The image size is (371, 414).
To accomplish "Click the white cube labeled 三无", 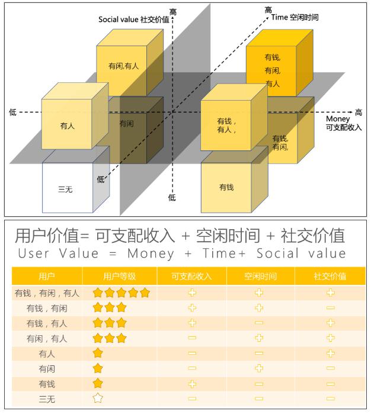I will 67,188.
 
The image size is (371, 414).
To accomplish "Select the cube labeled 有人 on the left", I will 68,126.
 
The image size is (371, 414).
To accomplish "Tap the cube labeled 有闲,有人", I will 123,66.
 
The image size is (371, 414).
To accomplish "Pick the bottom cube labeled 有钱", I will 226,187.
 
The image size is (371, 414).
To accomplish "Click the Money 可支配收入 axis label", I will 343,123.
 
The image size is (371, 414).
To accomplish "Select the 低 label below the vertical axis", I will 172,197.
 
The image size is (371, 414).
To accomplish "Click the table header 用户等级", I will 120,276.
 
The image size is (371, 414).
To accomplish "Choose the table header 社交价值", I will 330,276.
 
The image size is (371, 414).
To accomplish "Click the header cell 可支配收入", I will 191,276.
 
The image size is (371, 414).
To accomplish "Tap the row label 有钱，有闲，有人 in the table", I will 47,293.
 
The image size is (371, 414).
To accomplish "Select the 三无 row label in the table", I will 47,398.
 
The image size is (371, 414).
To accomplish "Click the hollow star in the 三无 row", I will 98,398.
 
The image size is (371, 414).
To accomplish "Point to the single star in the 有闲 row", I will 98,368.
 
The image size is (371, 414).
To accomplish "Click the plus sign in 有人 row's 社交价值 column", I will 330,353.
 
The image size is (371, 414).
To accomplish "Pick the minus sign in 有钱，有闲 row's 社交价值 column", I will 330,308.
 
